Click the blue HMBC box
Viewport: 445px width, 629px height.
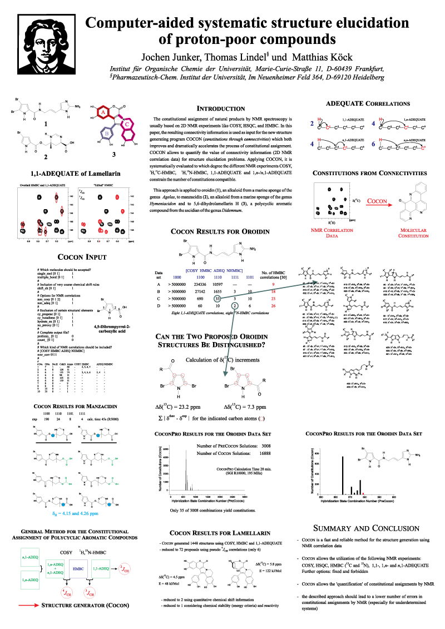point(78,568)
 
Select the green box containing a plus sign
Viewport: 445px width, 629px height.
point(55,568)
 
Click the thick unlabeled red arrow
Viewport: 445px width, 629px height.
point(29,605)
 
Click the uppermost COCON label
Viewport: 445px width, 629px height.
point(377,201)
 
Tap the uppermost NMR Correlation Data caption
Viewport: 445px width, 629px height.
point(332,232)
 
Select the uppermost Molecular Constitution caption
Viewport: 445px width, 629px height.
point(413,232)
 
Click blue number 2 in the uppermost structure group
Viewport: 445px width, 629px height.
point(312,123)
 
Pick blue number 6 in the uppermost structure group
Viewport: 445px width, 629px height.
point(373,144)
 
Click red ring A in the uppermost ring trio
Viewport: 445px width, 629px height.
point(102,112)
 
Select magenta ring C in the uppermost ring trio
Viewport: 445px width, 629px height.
point(127,123)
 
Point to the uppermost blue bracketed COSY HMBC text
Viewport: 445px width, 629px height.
point(214,270)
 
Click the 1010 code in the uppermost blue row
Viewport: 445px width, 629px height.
point(177,277)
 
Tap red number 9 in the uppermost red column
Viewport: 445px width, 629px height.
point(274,284)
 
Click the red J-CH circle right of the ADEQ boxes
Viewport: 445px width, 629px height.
point(126,568)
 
